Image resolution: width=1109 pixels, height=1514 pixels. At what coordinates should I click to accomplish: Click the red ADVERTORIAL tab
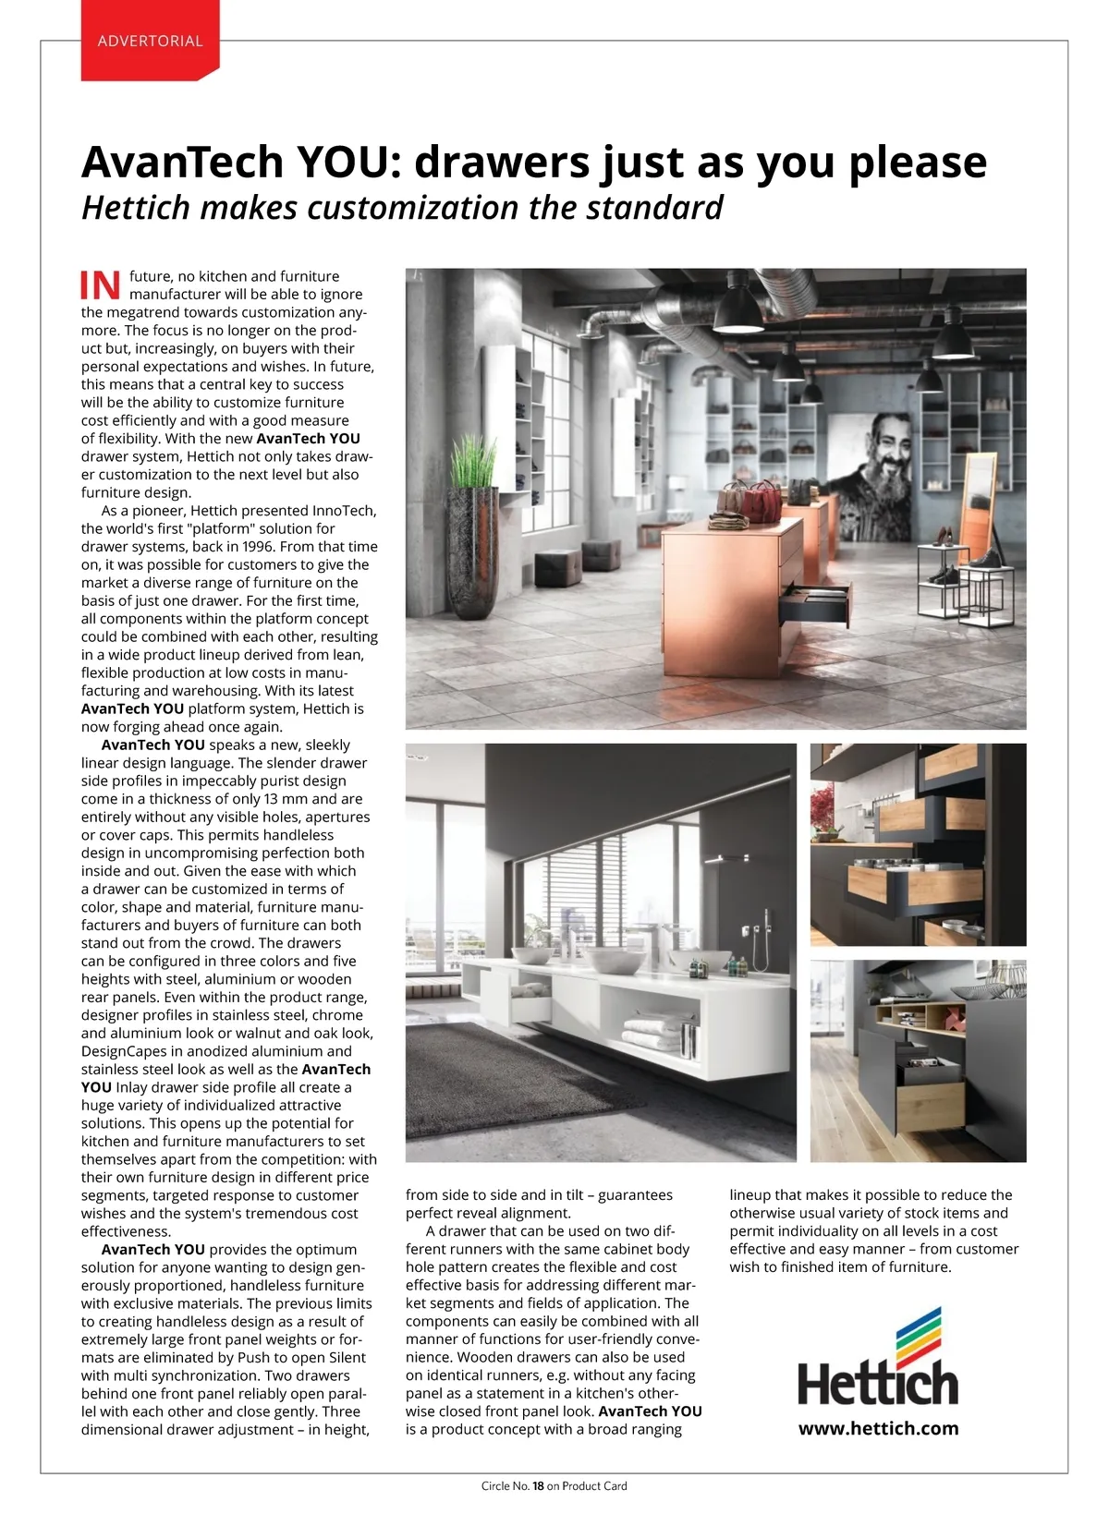pyautogui.click(x=150, y=42)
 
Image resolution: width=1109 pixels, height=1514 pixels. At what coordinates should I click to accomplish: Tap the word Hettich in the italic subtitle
pyautogui.click(x=136, y=208)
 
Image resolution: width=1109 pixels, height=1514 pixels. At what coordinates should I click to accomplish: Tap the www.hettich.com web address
pyautogui.click(x=878, y=1428)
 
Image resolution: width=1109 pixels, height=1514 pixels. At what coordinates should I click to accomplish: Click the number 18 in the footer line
pyautogui.click(x=538, y=1486)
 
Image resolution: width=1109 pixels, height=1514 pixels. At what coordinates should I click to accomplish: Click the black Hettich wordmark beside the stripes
pyautogui.click(x=878, y=1384)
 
